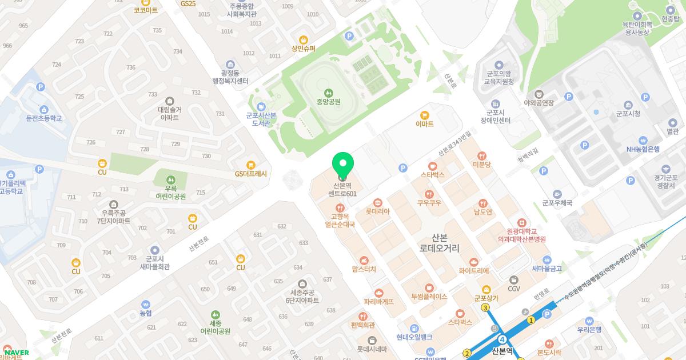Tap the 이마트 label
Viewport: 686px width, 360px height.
point(424,124)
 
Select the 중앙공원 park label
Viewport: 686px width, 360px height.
point(328,102)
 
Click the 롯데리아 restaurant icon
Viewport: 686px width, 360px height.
point(377,202)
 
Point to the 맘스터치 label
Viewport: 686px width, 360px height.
point(364,269)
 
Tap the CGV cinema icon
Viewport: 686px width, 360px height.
point(514,280)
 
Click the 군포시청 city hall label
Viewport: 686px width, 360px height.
point(628,114)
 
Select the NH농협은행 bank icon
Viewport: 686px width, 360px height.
point(643,140)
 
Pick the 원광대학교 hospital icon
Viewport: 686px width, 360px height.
point(521,222)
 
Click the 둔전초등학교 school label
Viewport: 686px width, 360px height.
point(44,118)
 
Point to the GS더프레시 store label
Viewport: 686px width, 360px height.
point(251,174)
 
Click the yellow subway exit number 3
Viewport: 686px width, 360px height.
point(485,308)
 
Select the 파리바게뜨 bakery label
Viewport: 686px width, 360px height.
point(378,302)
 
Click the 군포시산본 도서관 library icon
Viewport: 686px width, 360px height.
point(261,106)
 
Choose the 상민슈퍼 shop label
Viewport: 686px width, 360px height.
point(303,49)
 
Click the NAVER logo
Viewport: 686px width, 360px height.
point(17,353)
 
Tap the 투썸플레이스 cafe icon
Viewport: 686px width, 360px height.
point(429,289)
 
